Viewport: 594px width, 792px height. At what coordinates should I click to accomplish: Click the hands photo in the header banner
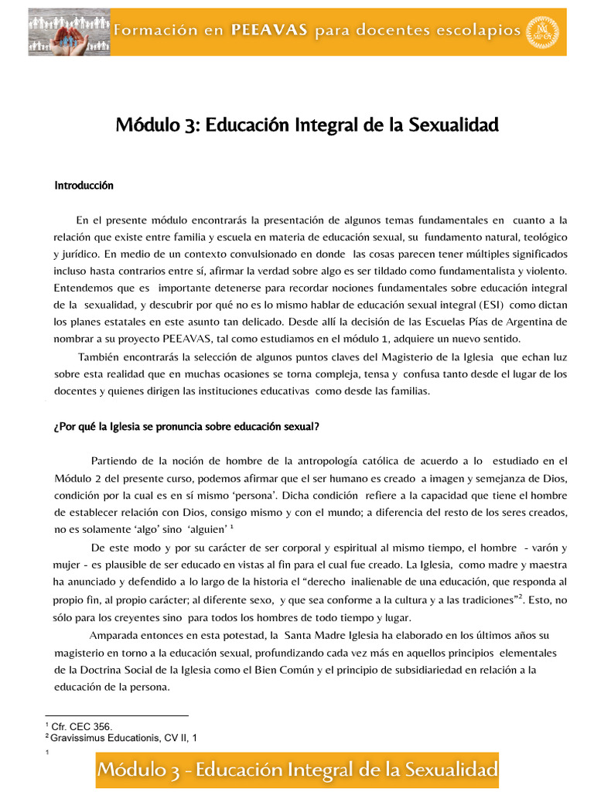coord(69,32)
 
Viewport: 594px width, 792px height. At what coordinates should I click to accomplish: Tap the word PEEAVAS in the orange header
coord(268,30)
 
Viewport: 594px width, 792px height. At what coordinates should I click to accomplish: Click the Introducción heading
coord(84,186)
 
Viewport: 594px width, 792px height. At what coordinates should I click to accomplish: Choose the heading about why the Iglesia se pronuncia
coord(186,426)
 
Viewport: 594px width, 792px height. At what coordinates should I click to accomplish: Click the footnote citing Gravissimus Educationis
coord(124,738)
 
